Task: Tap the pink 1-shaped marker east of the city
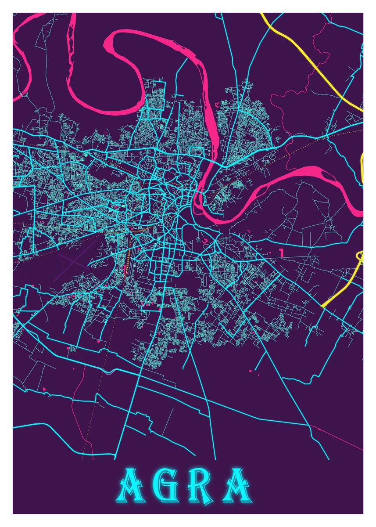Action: [280, 253]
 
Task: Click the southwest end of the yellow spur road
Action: [323, 306]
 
